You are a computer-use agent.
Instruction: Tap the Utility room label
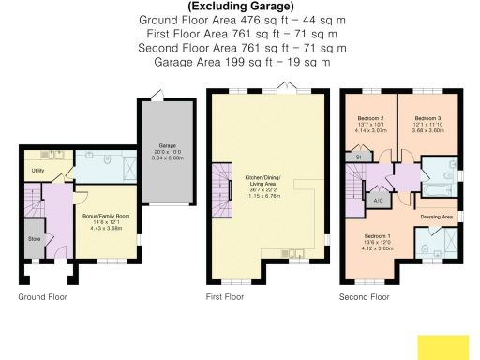click(x=37, y=171)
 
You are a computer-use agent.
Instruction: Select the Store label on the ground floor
click(x=35, y=238)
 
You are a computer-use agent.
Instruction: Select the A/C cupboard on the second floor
click(x=377, y=201)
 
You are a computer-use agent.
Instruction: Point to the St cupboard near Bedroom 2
click(x=357, y=158)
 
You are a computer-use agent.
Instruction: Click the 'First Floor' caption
click(x=224, y=297)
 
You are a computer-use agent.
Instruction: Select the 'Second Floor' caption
click(x=365, y=297)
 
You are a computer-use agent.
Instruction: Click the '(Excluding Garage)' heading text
click(x=238, y=6)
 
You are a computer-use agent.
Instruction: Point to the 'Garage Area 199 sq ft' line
click(x=238, y=61)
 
